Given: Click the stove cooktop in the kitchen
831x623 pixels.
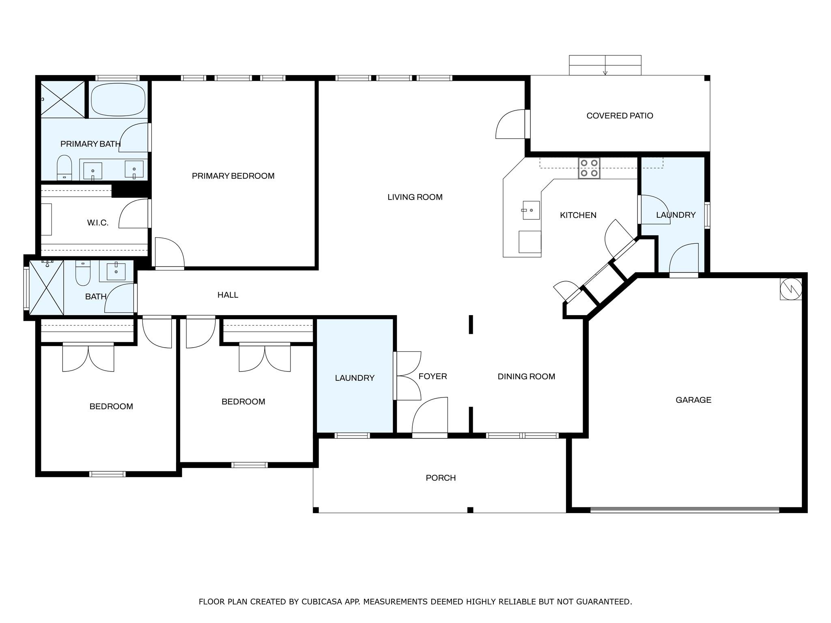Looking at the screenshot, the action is (589, 168).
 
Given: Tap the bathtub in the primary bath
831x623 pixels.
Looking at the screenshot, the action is (118, 99).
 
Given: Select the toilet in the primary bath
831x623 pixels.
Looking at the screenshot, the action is (64, 168).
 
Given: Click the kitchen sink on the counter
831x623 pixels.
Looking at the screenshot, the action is (531, 210).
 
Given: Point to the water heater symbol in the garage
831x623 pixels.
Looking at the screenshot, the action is (791, 289).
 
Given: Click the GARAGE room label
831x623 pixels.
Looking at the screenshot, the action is (693, 400).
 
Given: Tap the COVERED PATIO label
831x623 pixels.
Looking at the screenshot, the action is (620, 116).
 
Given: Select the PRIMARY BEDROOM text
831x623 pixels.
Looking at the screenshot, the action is (233, 176).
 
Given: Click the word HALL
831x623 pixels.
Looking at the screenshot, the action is (228, 295).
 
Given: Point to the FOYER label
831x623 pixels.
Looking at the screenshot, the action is (433, 376).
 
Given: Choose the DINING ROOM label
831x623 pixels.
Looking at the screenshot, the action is (526, 376).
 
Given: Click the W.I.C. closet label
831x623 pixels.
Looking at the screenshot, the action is (97, 223).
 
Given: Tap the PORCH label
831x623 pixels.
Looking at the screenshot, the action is (441, 478).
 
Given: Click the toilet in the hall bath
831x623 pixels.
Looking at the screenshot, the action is (83, 273).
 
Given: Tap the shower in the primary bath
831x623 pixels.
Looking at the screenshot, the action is (63, 99).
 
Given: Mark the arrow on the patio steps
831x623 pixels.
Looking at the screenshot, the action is (605, 65).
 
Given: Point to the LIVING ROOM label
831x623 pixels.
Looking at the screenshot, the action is (415, 197).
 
